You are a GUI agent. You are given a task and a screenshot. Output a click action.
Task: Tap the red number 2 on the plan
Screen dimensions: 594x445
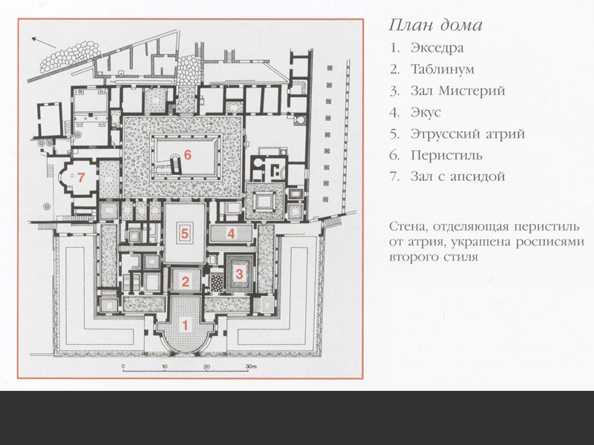click(x=186, y=280)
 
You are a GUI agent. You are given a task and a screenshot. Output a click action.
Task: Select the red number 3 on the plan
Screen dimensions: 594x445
click(x=239, y=274)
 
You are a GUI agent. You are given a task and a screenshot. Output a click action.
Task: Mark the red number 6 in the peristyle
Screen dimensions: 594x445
click(x=188, y=155)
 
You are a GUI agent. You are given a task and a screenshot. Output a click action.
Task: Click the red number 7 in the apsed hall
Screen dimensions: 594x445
click(x=82, y=177)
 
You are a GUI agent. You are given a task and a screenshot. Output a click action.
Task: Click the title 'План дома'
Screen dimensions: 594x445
click(x=436, y=25)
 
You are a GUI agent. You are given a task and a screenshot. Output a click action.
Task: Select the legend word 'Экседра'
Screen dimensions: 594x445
click(x=437, y=49)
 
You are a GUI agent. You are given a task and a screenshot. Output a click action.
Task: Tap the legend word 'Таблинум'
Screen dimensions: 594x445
click(x=442, y=70)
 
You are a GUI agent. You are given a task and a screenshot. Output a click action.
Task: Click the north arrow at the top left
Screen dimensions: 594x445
click(x=47, y=42)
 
